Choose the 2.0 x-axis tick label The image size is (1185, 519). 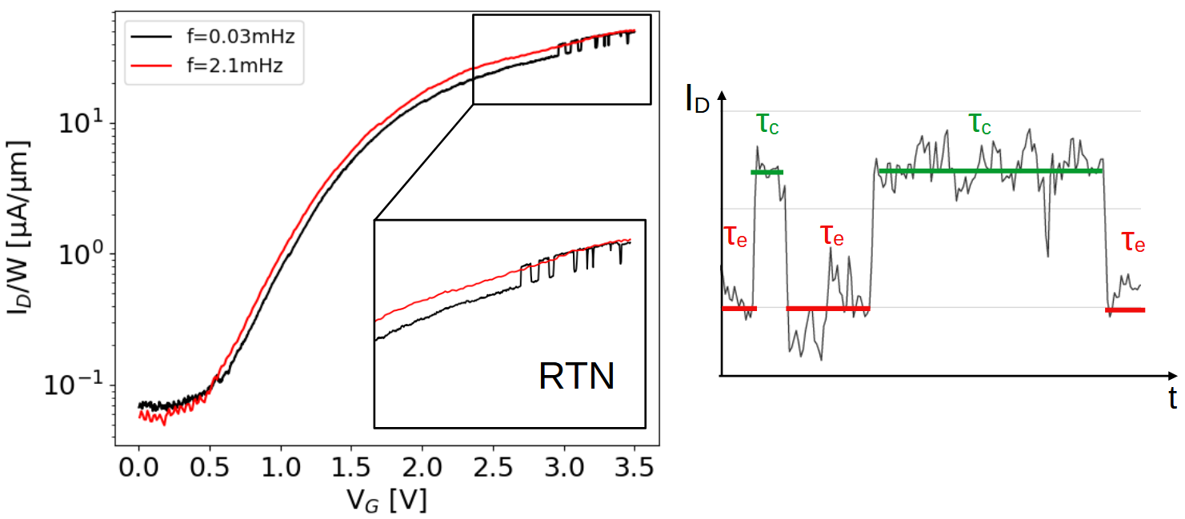click(422, 464)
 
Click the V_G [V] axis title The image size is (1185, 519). click(386, 499)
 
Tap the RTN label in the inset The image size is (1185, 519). click(577, 377)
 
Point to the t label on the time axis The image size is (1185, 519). click(1172, 397)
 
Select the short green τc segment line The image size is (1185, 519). click(767, 172)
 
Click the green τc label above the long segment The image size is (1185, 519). click(982, 123)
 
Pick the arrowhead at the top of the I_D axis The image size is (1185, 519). click(722, 95)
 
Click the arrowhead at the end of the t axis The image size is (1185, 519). click(1171, 374)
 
